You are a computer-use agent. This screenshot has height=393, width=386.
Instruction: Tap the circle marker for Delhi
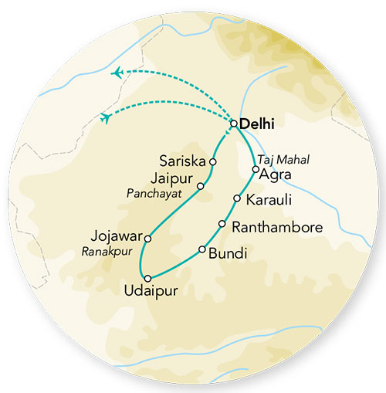pos(234,123)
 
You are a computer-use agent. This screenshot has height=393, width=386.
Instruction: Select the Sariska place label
pos(182,162)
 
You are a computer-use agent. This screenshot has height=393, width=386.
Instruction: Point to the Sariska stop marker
pos(213,162)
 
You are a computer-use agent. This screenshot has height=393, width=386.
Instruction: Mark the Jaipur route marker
pos(201,186)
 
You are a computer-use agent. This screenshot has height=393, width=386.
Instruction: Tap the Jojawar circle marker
pos(147,239)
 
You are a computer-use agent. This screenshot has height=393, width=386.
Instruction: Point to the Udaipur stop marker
pos(147,277)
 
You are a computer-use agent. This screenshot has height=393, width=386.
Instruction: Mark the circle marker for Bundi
pos(202,249)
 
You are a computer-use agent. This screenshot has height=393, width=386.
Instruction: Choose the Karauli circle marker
pos(237,198)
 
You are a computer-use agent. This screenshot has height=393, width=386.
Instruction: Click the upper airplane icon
pos(118,73)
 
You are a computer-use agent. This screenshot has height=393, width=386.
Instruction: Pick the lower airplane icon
pos(105,117)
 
